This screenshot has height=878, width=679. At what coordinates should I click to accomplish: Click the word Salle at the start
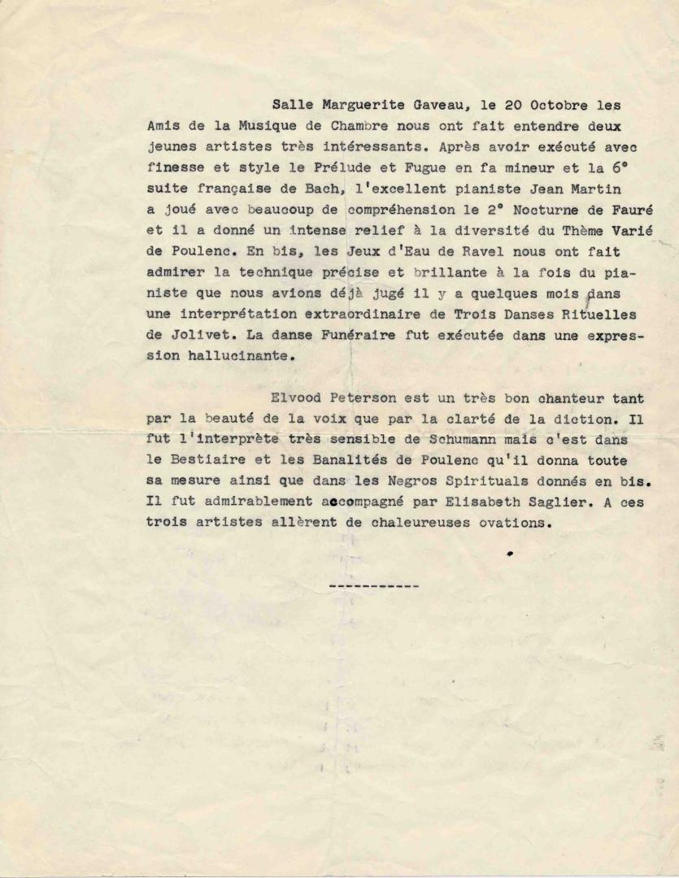(x=291, y=105)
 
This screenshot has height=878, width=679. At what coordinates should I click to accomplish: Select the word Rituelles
(x=602, y=313)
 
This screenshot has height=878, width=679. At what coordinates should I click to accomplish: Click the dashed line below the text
(x=375, y=585)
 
